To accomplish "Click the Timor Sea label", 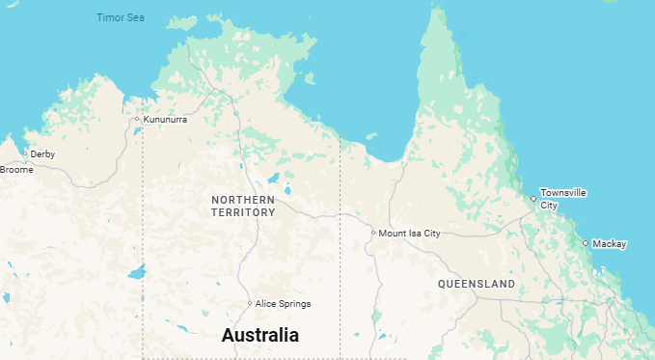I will point(120,17).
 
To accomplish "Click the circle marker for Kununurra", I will point(137,119).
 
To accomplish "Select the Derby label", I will point(42,153).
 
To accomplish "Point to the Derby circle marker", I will point(25,153).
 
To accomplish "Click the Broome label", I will point(16,170).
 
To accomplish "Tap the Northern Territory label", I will point(243,206).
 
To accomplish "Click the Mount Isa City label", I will point(409,234).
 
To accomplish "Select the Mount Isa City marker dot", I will point(373,233).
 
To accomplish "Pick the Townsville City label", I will point(562,199).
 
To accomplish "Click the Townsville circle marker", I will point(533,199).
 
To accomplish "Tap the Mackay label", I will point(610,243).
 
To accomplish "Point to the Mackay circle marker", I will point(586,243).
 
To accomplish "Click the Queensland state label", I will point(476,284).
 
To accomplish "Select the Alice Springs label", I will point(283,304).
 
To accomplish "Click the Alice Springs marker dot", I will point(250,303).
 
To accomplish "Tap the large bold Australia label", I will point(260,336).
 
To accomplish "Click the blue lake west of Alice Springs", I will point(136,272).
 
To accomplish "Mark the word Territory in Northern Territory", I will point(243,212).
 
